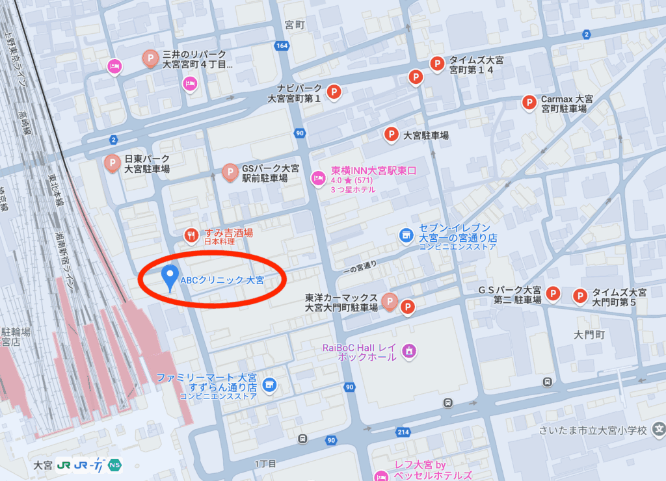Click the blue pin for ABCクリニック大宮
(170, 277)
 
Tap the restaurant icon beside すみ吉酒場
(191, 235)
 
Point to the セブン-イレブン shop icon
(406, 234)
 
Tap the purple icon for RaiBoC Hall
(409, 351)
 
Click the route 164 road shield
(282, 45)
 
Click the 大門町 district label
(589, 335)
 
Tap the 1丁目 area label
(266, 463)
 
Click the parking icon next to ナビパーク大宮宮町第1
(334, 92)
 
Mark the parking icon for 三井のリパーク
(150, 60)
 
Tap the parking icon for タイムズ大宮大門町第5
(579, 296)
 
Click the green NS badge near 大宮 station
(114, 465)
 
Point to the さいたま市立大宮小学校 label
(593, 430)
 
